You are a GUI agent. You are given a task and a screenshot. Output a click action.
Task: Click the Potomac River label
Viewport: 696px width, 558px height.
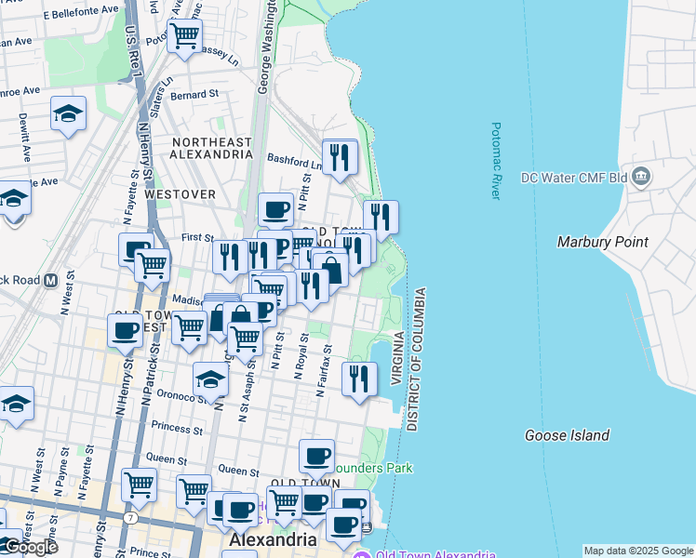coord(496,161)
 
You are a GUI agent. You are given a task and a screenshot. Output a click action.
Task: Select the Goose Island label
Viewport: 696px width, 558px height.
coord(567,435)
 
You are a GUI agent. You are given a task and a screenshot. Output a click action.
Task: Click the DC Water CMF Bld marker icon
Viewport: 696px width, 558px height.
coord(640,176)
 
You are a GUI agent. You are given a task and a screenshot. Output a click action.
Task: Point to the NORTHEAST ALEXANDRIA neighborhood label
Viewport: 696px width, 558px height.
coord(211,148)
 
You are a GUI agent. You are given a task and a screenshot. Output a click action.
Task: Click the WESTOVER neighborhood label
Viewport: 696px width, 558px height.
coord(181,194)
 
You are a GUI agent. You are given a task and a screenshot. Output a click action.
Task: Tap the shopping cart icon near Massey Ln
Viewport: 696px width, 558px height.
coord(184,36)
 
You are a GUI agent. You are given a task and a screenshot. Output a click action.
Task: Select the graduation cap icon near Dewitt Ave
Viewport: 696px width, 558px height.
coord(68,113)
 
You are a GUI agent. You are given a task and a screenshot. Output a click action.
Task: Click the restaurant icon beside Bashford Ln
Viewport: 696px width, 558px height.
coord(340,157)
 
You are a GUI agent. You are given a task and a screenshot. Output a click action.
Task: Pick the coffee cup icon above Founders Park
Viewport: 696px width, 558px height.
coord(317,456)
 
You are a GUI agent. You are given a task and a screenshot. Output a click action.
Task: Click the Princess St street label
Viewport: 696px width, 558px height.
coord(177,430)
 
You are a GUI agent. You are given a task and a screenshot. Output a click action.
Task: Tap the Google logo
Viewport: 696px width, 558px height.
coord(30,547)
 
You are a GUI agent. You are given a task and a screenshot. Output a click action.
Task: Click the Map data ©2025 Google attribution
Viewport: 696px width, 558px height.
coord(638,551)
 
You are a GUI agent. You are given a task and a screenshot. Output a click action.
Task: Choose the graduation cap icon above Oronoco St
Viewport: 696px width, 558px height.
coord(210,379)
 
